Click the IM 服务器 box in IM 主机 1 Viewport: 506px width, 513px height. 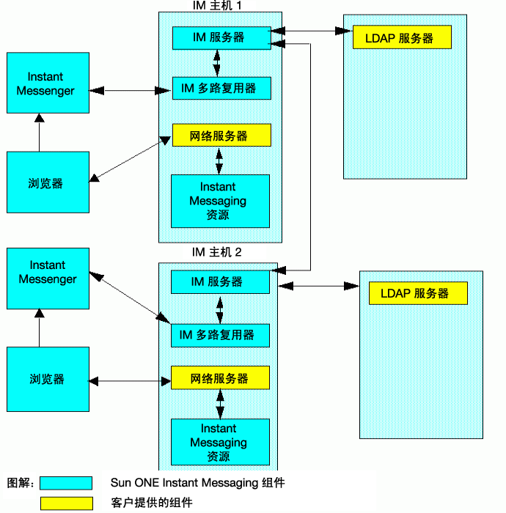click(221, 38)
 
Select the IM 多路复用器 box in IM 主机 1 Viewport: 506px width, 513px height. click(221, 89)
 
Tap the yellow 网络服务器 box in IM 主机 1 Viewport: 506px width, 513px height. click(221, 135)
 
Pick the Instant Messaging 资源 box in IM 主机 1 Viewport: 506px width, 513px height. click(220, 202)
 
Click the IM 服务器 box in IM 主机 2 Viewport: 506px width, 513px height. click(220, 282)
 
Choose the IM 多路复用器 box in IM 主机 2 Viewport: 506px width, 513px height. click(220, 336)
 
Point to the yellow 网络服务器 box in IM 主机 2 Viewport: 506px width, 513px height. click(220, 377)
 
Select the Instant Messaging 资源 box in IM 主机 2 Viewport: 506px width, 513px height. click(220, 442)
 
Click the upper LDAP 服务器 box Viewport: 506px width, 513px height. click(402, 37)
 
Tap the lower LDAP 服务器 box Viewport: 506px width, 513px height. click(418, 293)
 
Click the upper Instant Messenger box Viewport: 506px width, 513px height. click(48, 83)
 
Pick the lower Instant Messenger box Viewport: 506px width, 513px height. click(48, 278)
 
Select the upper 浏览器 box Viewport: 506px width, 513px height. click(48, 182)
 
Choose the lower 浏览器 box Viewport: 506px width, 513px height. click(48, 379)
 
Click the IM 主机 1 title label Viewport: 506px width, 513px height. click(216, 6)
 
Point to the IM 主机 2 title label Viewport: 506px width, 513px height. click(216, 252)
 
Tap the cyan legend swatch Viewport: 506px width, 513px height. click(66, 483)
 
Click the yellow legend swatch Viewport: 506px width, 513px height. click(67, 503)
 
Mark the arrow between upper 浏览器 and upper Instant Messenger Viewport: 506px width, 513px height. click(40, 133)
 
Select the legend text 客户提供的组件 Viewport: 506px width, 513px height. click(152, 503)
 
